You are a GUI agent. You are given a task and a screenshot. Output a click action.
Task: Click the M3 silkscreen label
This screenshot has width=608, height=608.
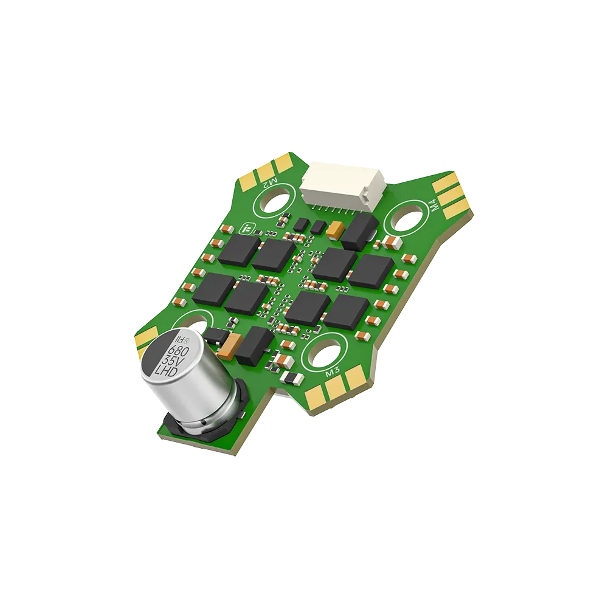pyautogui.click(x=333, y=373)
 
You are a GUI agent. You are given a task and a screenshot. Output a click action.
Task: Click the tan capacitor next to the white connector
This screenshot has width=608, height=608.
pyautogui.click(x=335, y=230)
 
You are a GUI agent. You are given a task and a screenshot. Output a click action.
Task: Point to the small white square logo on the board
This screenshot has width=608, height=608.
pyautogui.click(x=247, y=230)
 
